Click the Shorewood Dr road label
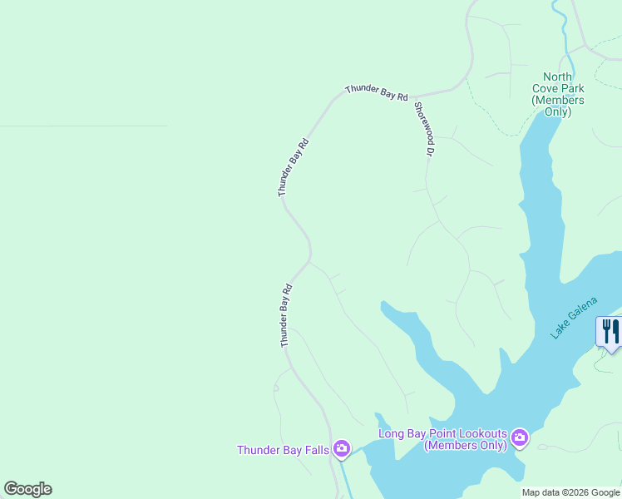coord(424,130)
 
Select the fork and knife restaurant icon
coord(610,331)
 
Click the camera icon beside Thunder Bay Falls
coord(341,450)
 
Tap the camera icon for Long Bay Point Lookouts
coord(520,437)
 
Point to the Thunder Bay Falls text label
coord(283,450)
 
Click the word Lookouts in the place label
coord(477,433)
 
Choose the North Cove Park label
coord(558,94)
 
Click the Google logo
coord(27,489)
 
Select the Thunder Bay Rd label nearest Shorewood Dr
coord(377,91)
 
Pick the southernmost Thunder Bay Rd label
coord(285,316)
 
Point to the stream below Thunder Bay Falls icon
coord(343,478)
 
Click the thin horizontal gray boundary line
coord(83,126)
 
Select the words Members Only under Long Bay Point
coord(466,446)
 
